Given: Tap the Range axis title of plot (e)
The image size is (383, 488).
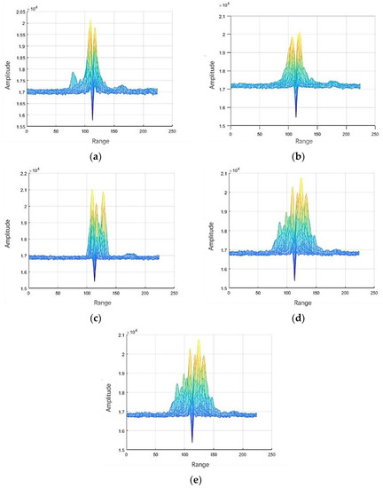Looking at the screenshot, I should (x=191, y=464).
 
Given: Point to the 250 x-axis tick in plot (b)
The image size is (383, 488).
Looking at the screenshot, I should (x=375, y=133).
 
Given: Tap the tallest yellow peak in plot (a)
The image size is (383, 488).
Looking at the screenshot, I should (x=90, y=21).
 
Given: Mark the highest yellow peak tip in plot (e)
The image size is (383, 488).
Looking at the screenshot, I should (x=198, y=340).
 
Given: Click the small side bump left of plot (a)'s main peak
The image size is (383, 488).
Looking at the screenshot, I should (x=72, y=75).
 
